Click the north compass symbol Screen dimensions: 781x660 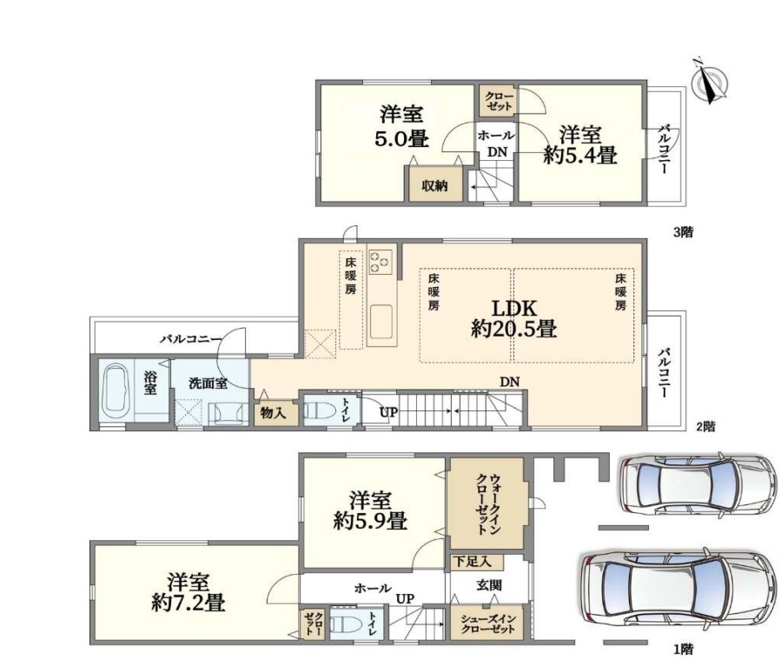pos(709,83)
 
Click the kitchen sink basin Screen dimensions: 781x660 pos(381,322)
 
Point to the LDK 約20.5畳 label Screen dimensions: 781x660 pos(514,319)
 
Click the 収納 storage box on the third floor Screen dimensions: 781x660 pos(435,184)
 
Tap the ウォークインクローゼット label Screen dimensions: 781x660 pos(488,503)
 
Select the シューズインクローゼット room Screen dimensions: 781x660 pos(487,623)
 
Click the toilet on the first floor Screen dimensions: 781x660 pos(345,623)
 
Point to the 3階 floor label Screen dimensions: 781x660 pos(683,232)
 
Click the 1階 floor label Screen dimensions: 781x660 pos(683,650)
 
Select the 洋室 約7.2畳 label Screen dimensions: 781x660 pos(189,593)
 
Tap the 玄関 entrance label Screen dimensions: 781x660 pos(488,585)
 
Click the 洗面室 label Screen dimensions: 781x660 pos(208,383)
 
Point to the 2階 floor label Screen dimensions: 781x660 pos(705,427)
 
